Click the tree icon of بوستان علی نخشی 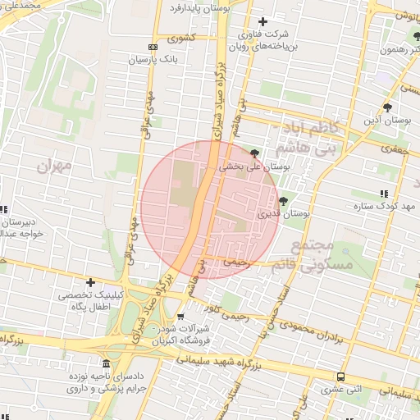[255, 153]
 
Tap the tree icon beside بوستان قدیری [283, 201]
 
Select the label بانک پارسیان [153, 60]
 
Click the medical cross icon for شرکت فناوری [262, 21]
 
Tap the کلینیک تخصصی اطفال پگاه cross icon [90, 282]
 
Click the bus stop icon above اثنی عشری [340, 377]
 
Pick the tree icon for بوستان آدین [387, 107]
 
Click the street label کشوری [181, 38]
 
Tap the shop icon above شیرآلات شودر [180, 317]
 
